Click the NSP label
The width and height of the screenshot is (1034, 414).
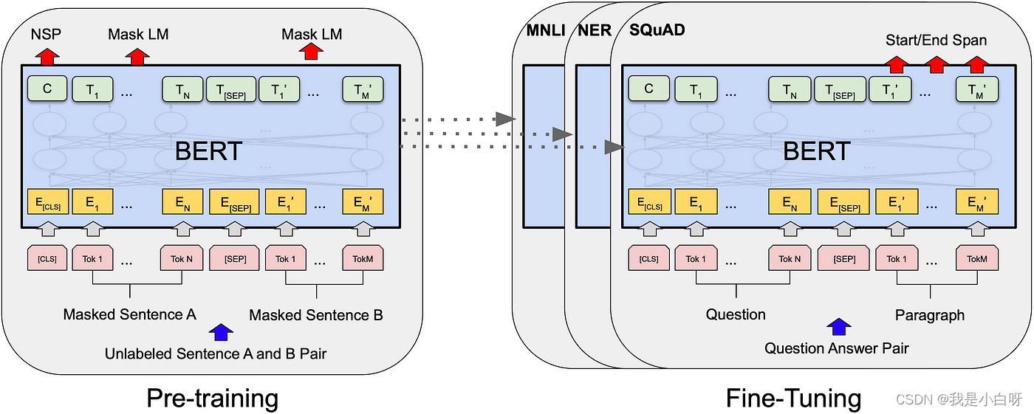(x=45, y=34)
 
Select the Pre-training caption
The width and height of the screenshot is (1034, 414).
(x=212, y=399)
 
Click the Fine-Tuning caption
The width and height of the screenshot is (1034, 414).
(x=793, y=399)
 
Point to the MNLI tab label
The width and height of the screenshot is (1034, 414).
(x=545, y=30)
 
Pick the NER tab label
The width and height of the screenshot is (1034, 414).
(x=594, y=30)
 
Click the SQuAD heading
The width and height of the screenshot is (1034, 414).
(x=657, y=30)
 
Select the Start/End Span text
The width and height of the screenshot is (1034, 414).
(x=936, y=41)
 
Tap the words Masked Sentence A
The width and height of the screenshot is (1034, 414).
(x=129, y=314)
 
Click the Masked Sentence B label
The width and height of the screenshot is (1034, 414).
(x=316, y=315)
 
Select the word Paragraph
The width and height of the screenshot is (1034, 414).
(x=930, y=315)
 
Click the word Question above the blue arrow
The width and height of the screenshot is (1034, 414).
(x=736, y=314)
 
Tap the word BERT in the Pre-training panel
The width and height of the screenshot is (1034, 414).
(x=208, y=151)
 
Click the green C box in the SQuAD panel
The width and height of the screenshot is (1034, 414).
(x=648, y=89)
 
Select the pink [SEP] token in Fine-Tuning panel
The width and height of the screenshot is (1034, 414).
(x=844, y=259)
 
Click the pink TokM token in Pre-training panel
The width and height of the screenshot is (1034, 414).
(x=363, y=259)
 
